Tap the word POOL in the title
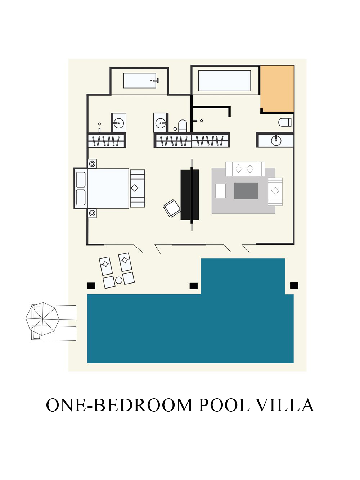click(224, 405)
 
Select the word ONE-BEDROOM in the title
click(120, 405)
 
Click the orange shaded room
click(277, 88)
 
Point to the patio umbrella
click(42, 318)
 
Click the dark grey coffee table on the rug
click(246, 191)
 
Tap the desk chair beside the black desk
click(172, 208)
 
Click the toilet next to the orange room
click(285, 122)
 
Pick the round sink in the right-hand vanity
click(276, 140)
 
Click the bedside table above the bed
click(92, 164)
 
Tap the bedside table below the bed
click(92, 213)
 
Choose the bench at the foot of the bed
click(137, 188)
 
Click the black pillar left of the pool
click(91, 286)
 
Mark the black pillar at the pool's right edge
click(294, 285)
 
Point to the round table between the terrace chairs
click(119, 280)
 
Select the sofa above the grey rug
click(245, 168)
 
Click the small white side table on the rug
click(220, 191)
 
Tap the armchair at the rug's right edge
click(275, 191)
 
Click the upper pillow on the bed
click(81, 179)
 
